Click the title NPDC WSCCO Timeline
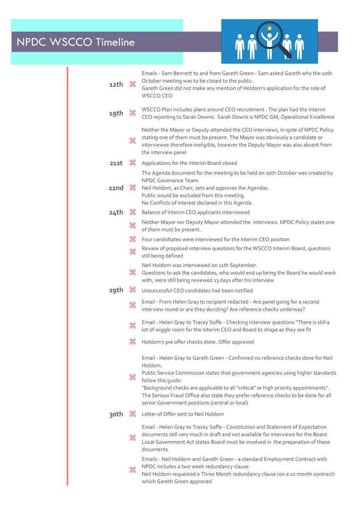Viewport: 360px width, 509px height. pos(75,42)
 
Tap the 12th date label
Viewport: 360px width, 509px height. pos(116,85)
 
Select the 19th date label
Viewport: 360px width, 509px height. pos(116,113)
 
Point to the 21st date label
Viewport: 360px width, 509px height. pos(116,163)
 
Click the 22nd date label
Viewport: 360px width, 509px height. pos(116,188)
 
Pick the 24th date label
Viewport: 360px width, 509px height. pos(116,213)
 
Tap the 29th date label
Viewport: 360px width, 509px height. pos(116,291)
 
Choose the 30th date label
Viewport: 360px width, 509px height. pos(116,415)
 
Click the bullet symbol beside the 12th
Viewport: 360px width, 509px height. pos(133,84)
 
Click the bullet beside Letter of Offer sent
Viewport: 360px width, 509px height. pos(133,414)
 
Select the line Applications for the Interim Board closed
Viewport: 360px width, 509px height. pos(189,163)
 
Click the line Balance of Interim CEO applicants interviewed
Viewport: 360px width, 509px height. pos(196,213)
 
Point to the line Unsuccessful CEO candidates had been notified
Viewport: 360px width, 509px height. pos(197,291)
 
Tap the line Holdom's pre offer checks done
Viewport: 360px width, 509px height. pos(198,342)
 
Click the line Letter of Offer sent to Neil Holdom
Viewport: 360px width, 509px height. pos(182,414)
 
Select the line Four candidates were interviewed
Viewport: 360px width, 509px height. pos(215,239)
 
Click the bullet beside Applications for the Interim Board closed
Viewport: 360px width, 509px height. pos(133,163)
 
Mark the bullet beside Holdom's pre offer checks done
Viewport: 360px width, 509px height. pos(133,342)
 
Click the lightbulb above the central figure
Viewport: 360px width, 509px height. pos(269,28)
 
